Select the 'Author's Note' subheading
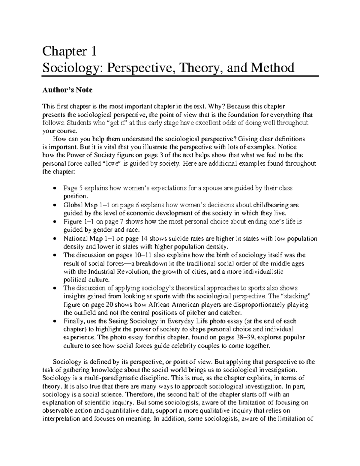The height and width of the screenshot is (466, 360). [67, 90]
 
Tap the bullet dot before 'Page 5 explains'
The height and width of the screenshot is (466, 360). [54, 188]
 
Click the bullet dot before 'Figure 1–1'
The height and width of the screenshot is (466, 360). [54, 222]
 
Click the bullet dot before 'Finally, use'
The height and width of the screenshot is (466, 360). [54, 321]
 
